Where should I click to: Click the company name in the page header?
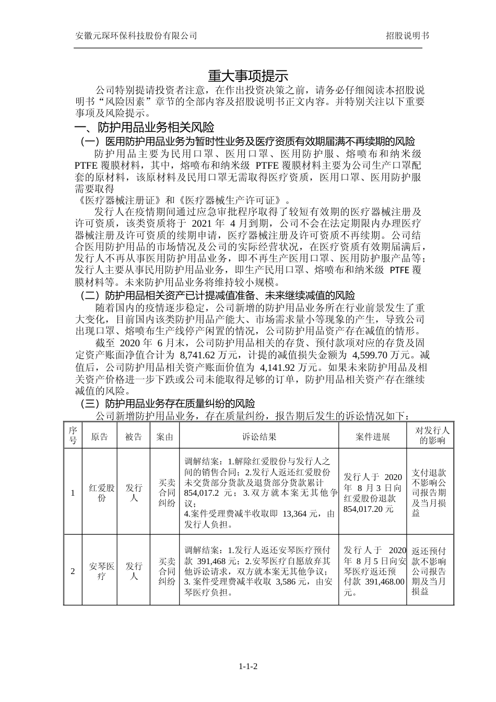point(136,36)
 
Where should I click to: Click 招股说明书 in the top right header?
point(407,36)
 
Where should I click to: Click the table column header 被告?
point(134,437)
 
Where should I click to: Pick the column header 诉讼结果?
point(259,437)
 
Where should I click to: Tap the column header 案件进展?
point(372,437)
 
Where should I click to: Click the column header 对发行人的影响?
point(431,436)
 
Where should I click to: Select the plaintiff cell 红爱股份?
point(101,493)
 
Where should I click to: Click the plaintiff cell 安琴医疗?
point(101,571)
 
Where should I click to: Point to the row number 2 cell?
point(73,571)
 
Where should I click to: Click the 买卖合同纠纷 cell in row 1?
point(165,493)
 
